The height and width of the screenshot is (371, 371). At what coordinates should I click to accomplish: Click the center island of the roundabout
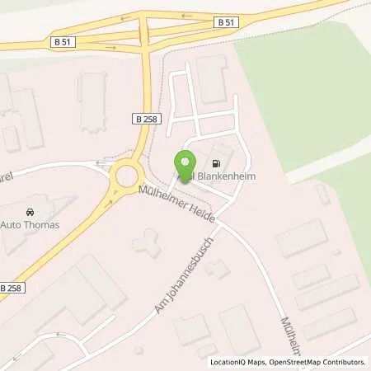coord(128,176)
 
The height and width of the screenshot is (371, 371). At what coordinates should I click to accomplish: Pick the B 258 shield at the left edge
coord(12,287)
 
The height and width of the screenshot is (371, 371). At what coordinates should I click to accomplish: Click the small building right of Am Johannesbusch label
coord(217,268)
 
